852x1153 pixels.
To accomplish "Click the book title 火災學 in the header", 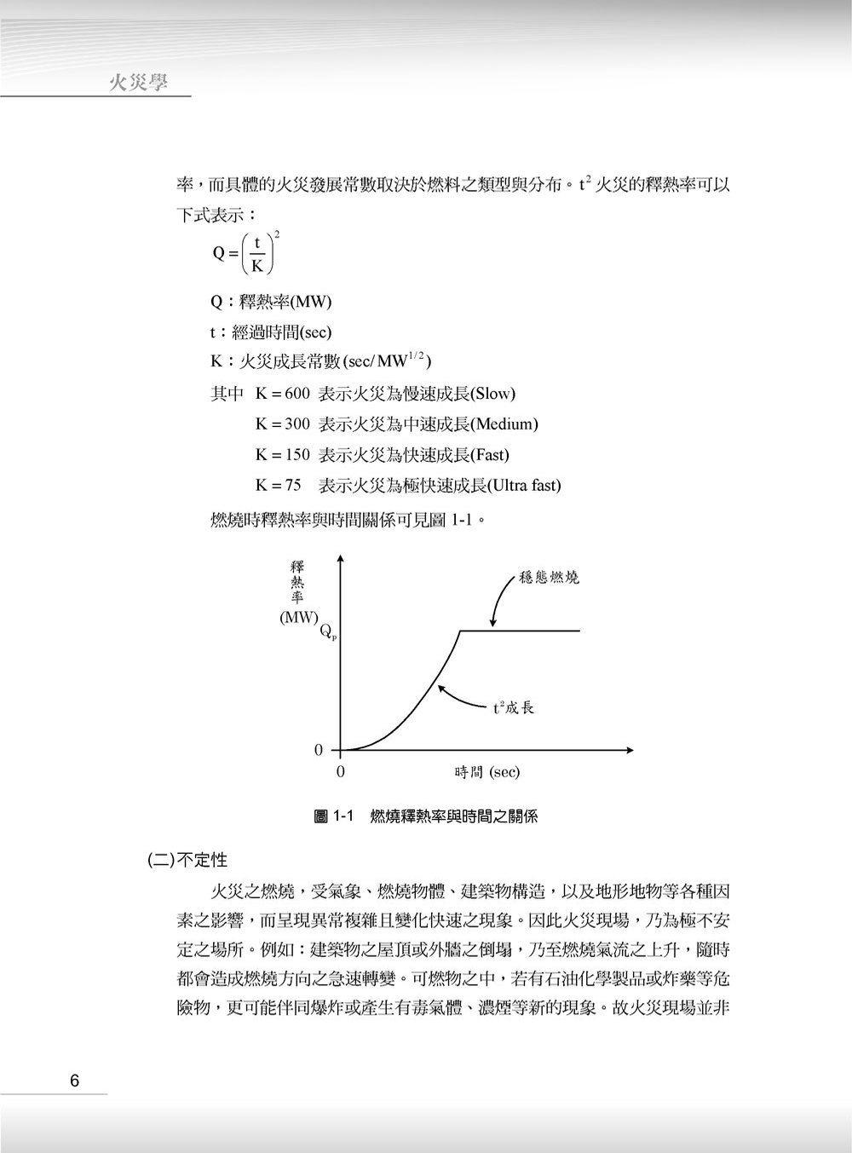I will (139, 82).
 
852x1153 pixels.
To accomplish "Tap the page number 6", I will (75, 1081).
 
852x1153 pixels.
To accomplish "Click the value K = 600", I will (282, 394).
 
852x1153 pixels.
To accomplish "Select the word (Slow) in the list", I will (493, 394).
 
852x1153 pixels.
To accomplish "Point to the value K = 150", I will (282, 454).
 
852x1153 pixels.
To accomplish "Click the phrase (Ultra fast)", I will (524, 486).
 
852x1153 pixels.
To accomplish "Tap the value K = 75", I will (279, 486).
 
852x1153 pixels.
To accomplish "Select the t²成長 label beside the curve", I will (513, 707).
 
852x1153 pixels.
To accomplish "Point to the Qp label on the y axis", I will (328, 631).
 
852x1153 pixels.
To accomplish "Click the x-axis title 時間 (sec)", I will (486, 772).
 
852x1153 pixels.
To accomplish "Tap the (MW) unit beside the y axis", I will (298, 618).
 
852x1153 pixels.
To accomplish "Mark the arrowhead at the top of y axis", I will (340, 559).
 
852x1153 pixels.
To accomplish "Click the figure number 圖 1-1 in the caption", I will (339, 816).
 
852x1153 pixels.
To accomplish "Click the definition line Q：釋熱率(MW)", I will (271, 302).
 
